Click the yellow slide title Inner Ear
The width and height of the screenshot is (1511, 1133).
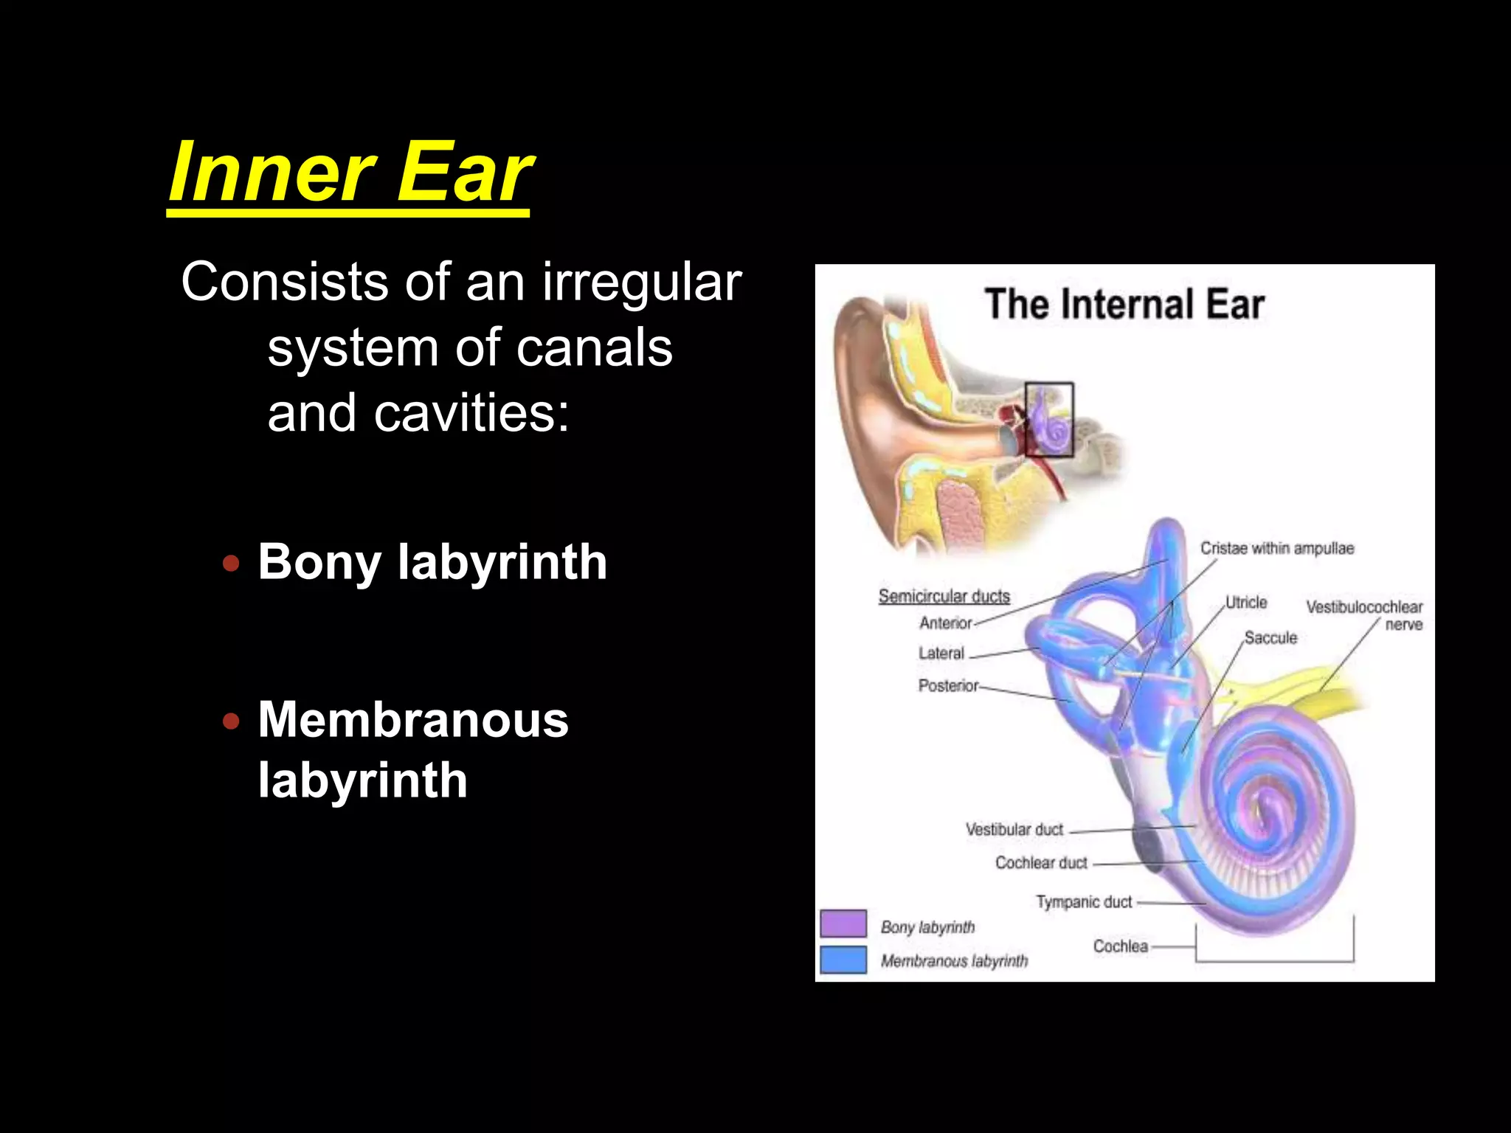pyautogui.click(x=350, y=173)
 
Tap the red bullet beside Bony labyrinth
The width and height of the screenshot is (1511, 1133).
pyautogui.click(x=231, y=564)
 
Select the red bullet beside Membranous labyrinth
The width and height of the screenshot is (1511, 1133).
pyautogui.click(x=231, y=721)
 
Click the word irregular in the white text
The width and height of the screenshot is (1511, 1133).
pyautogui.click(x=642, y=282)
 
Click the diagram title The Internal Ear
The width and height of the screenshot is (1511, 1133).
pyautogui.click(x=1124, y=304)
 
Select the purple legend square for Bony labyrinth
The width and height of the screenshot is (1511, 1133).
pyautogui.click(x=843, y=924)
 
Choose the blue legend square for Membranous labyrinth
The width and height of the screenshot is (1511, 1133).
pyautogui.click(x=843, y=960)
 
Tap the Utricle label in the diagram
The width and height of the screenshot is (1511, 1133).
pyautogui.click(x=1246, y=602)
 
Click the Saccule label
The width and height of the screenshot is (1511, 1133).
pyautogui.click(x=1270, y=637)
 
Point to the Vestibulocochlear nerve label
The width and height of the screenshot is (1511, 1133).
pyautogui.click(x=1364, y=615)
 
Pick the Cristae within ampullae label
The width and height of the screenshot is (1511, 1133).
pyautogui.click(x=1277, y=548)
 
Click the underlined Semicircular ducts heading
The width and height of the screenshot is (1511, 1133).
pyautogui.click(x=944, y=596)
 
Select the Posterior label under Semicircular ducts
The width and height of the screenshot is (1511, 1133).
pyautogui.click(x=948, y=686)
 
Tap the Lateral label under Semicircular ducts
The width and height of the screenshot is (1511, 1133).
pyautogui.click(x=941, y=653)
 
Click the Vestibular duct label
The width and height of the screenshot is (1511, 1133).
pyautogui.click(x=1014, y=830)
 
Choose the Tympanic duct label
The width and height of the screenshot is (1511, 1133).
pyautogui.click(x=1084, y=901)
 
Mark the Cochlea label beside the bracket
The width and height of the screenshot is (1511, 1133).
pyautogui.click(x=1120, y=946)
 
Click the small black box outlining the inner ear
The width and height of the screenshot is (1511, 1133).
pyautogui.click(x=1049, y=420)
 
